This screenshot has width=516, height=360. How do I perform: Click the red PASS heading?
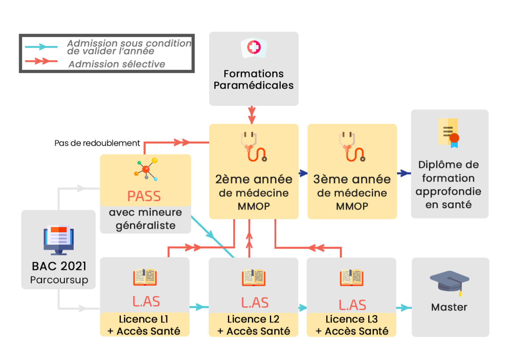point(144,196)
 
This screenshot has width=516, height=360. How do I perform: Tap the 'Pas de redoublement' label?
point(97,143)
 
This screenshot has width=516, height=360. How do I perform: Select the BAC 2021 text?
point(59,266)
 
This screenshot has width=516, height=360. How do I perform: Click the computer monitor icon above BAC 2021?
point(59,240)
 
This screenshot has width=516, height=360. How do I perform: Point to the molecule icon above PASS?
point(146,169)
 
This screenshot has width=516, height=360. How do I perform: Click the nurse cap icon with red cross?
point(254,48)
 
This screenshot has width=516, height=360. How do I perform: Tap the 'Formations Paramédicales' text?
point(254,79)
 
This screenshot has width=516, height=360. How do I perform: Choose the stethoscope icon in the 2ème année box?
point(254,147)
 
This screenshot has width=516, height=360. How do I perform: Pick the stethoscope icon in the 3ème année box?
point(352,147)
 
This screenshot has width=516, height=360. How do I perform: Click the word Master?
point(449,307)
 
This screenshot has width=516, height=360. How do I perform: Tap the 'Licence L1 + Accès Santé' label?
point(144,325)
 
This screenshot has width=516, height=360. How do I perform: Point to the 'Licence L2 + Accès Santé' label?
point(254,325)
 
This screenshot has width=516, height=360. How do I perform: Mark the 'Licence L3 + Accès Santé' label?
point(352,325)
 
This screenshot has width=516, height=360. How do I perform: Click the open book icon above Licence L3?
point(352,278)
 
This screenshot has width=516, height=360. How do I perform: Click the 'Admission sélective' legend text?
point(117,64)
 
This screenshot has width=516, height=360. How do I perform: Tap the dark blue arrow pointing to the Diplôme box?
point(404,173)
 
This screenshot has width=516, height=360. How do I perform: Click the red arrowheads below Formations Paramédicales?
point(252,115)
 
